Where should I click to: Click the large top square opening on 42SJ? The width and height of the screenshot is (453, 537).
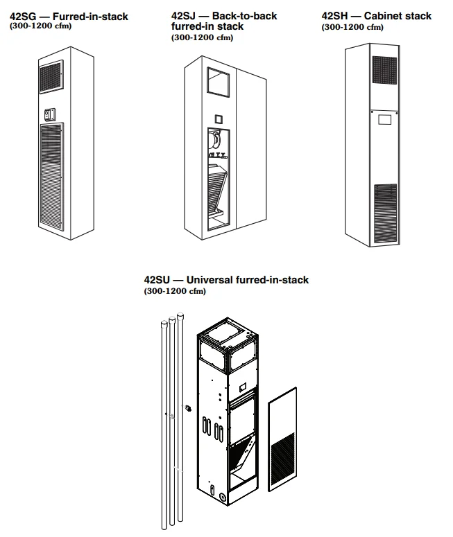click(219, 83)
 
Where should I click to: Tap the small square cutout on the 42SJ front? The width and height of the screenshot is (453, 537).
click(218, 118)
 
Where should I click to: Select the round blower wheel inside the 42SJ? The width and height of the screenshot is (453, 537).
click(216, 141)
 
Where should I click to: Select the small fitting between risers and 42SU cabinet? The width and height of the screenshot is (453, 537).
click(187, 408)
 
